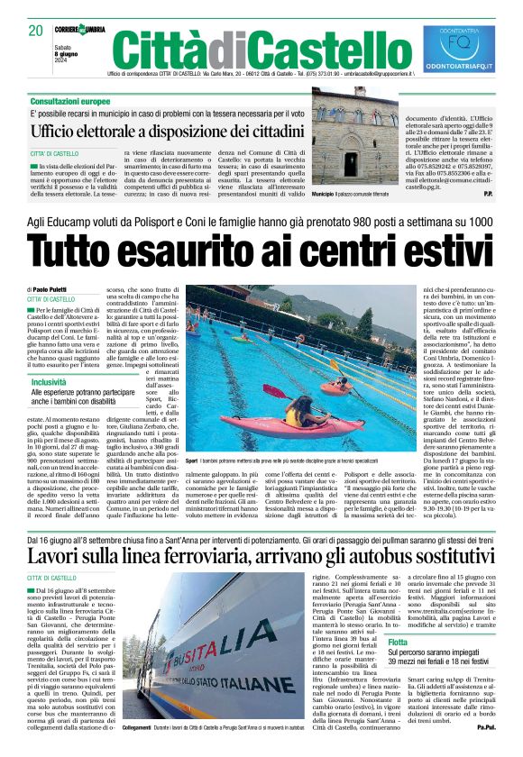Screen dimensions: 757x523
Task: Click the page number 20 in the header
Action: [36, 30]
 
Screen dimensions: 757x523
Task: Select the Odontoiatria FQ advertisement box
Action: [459, 49]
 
